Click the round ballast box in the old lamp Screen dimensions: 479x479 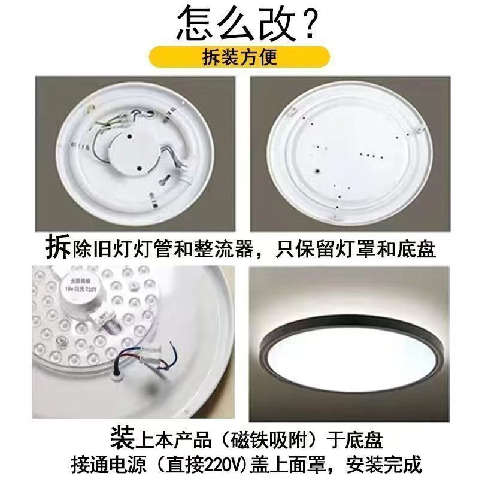click(133, 155)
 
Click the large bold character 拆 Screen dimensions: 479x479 click(57, 246)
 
